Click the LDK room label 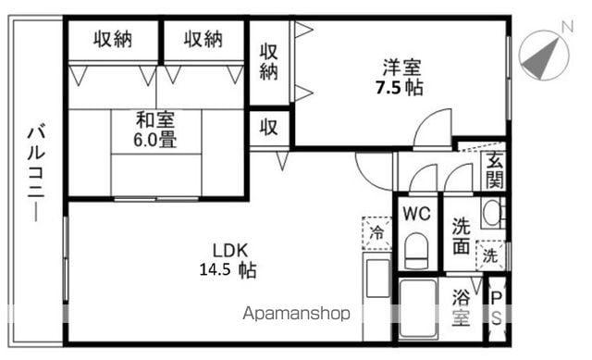click(230, 251)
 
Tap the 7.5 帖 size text click(399, 88)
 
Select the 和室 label click(155, 120)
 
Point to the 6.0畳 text click(155, 140)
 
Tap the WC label click(416, 214)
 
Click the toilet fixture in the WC click(416, 251)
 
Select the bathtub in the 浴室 click(418, 309)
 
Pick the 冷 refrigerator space click(376, 233)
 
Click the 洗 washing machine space click(490, 255)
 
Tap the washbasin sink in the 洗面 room click(493, 213)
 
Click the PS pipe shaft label click(497, 308)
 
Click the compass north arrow click(541, 59)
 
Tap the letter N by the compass click(567, 26)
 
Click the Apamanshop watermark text click(296, 314)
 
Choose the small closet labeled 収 click(269, 129)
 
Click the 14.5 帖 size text click(228, 270)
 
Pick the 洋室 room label click(401, 68)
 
